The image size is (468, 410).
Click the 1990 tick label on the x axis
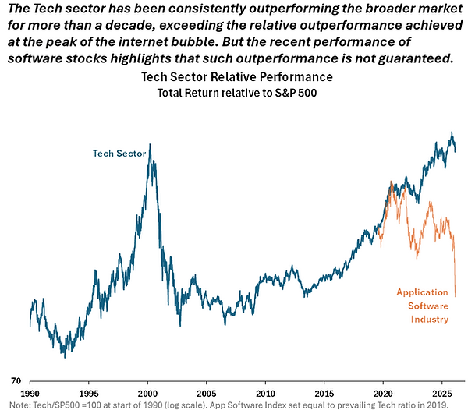(x=31, y=393)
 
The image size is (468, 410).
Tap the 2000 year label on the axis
(x=148, y=393)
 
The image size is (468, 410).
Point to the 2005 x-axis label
(x=207, y=393)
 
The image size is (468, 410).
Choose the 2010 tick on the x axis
(x=266, y=393)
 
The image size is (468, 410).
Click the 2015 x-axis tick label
(x=324, y=393)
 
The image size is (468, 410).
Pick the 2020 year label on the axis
(x=383, y=393)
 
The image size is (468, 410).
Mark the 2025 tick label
(x=441, y=393)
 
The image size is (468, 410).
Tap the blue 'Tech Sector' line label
(x=119, y=154)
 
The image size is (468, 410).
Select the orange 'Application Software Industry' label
(x=422, y=306)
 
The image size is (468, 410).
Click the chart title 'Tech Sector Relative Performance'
(x=236, y=77)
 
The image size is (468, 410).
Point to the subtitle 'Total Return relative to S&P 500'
(x=236, y=93)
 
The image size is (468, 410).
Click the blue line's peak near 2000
(x=150, y=145)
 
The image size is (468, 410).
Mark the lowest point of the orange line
(x=455, y=295)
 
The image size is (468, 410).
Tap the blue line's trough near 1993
(x=65, y=356)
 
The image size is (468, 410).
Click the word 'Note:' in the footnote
(x=12, y=404)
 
